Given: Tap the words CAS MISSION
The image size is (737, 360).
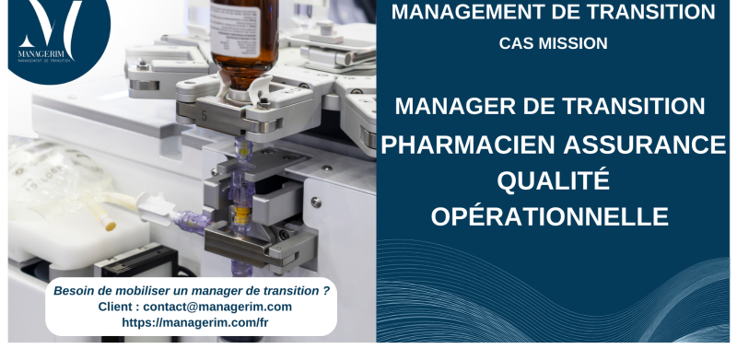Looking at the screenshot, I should click(x=553, y=42).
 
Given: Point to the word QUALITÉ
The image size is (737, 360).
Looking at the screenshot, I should click(x=553, y=180).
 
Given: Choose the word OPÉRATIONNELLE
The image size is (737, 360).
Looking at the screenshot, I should click(x=550, y=216).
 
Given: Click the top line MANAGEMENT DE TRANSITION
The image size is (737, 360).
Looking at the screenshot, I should click(x=553, y=12).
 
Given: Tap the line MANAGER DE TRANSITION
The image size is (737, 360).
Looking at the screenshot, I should click(x=550, y=106).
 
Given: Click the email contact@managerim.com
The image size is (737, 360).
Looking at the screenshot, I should click(x=217, y=307).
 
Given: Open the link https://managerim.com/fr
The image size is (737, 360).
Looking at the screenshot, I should click(x=195, y=322).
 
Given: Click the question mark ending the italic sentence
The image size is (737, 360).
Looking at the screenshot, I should click(x=326, y=290).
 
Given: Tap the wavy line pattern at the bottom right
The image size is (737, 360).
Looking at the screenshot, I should click(x=590, y=295).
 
